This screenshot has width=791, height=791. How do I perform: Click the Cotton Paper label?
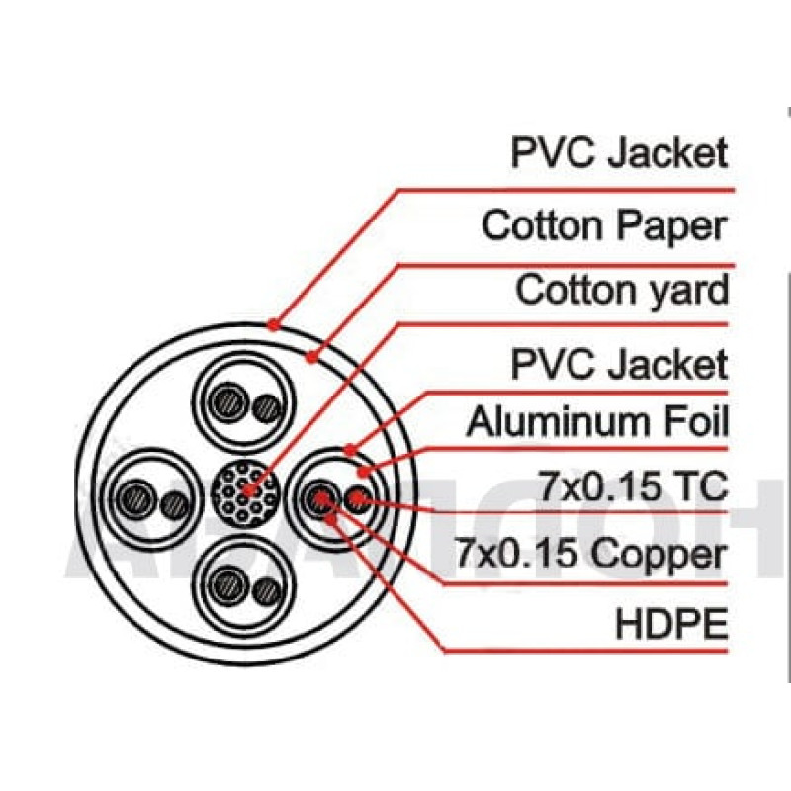point(604,226)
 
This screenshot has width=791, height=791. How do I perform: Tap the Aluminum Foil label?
point(597,422)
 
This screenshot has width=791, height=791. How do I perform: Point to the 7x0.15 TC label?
point(634,486)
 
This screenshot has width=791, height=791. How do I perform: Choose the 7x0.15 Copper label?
point(590,554)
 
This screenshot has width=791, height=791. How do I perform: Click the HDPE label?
point(671,624)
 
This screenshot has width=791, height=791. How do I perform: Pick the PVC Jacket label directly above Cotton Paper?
point(619,153)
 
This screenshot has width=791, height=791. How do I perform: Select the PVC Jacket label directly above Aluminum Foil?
point(619,364)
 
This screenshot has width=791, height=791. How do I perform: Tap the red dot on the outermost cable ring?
point(274,322)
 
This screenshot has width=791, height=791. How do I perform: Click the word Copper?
point(657,554)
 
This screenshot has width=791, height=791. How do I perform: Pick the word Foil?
point(695,422)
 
